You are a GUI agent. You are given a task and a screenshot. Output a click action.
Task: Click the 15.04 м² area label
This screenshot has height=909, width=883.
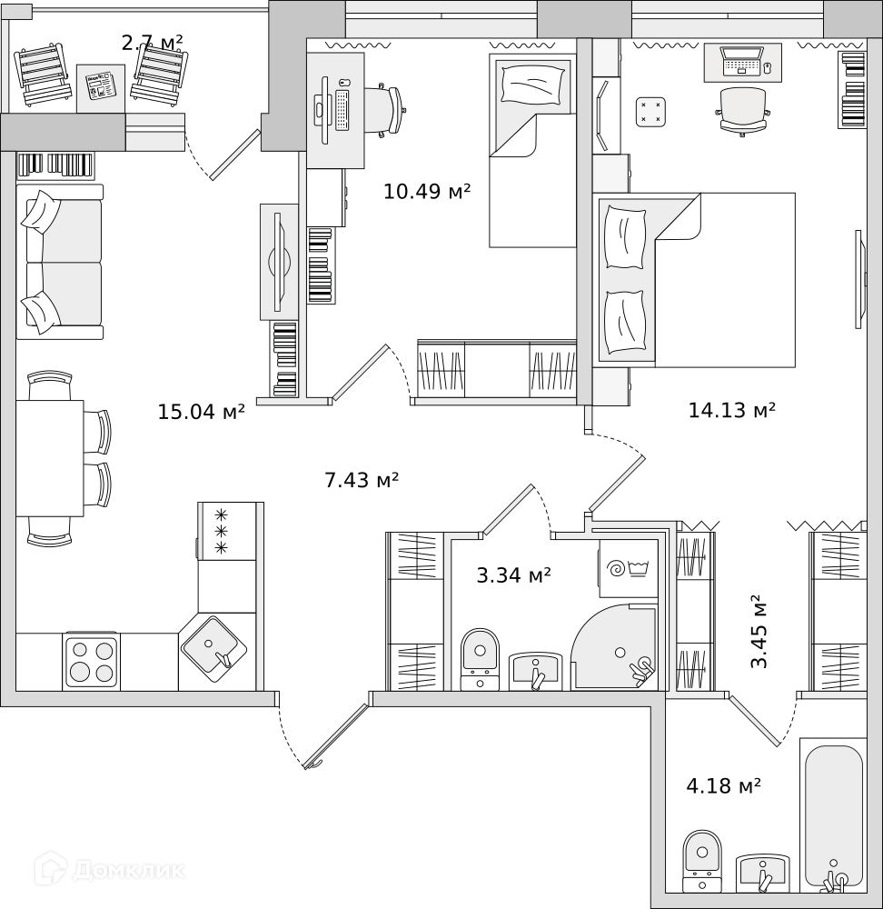coord(201,412)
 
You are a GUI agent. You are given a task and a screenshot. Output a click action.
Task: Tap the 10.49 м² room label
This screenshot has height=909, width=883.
coord(427,191)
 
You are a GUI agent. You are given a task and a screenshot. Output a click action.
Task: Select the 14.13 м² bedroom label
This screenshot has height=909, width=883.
coord(732,410)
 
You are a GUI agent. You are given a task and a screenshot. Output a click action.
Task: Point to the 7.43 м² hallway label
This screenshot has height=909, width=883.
coord(362,480)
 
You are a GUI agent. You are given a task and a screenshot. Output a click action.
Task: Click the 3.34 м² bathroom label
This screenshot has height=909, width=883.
coord(513,575)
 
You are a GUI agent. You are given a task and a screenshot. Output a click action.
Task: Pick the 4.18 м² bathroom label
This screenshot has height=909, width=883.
coord(723,786)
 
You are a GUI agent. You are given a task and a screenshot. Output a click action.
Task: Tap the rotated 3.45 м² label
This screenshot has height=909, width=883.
coord(759,632)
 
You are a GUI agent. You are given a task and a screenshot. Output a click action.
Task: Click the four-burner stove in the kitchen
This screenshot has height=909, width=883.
coord(92,662)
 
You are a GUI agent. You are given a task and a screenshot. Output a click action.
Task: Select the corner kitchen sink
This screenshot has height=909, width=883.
coord(213,649)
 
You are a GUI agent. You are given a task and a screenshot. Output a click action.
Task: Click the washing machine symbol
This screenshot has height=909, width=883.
coord(629,569)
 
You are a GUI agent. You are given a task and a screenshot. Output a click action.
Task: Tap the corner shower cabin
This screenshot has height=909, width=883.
coord(615,647)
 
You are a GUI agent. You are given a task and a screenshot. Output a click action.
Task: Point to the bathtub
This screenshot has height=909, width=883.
coord(833,815)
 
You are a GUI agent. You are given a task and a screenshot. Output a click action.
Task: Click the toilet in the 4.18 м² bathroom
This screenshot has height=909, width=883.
coord(702,861)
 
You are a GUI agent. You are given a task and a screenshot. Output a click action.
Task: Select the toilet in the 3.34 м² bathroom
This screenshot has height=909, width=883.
coord(480,659)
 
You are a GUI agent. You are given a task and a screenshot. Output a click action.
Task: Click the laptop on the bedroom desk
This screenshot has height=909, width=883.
coord(741,60)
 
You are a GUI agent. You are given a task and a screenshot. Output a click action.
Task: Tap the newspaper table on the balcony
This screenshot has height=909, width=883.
coord(101,88)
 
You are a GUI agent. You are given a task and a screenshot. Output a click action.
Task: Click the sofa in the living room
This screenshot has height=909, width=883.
coord(60,262)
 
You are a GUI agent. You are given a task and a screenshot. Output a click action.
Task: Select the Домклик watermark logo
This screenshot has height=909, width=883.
coord(110,870)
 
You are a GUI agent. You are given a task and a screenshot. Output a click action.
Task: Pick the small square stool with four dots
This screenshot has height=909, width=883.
coord(650,113)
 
